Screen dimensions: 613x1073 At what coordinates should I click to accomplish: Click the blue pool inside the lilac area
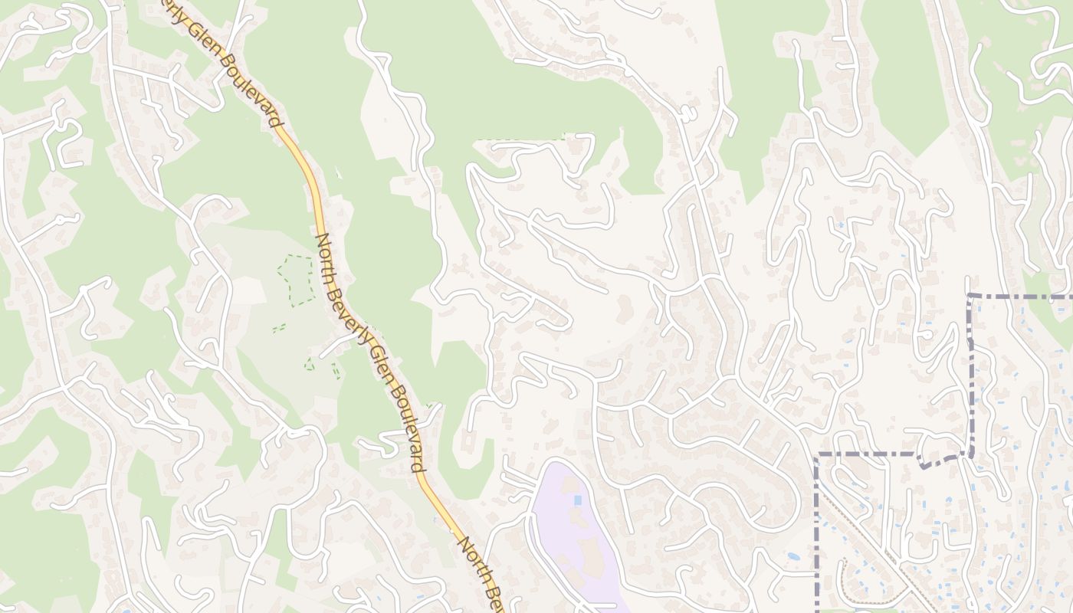(x=576, y=500)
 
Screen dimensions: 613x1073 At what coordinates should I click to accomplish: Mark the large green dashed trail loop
(x=296, y=280)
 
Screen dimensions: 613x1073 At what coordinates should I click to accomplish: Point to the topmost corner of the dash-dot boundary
(x=970, y=296)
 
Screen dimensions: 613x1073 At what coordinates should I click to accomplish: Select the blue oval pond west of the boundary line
(x=793, y=557)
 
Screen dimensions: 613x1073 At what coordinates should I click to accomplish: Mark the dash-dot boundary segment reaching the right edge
(x=1027, y=296)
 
